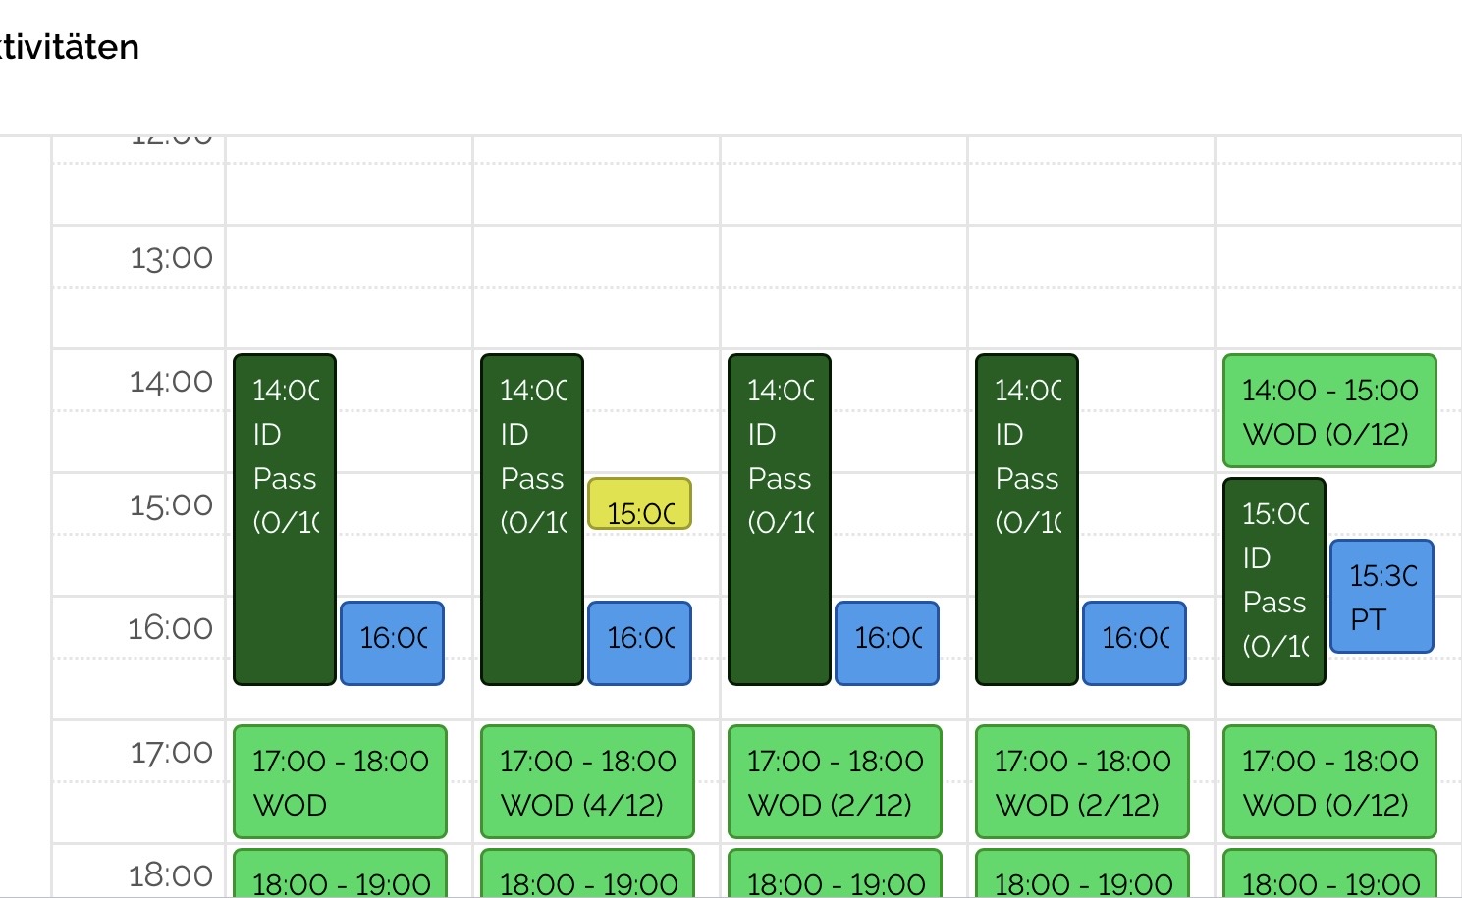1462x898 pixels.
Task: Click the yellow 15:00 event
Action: pyautogui.click(x=639, y=504)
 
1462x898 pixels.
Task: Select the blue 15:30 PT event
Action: pyautogui.click(x=1381, y=596)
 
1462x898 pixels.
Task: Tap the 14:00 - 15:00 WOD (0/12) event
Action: pyautogui.click(x=1329, y=411)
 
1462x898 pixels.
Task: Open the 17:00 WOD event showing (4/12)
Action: pyautogui.click(x=587, y=781)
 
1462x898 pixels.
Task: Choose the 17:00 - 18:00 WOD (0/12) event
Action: pyautogui.click(x=1329, y=781)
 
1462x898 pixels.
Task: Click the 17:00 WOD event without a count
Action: pyautogui.click(x=340, y=781)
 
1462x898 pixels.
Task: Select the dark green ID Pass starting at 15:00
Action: pyautogui.click(x=1274, y=581)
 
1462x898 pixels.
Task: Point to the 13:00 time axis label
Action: pyautogui.click(x=172, y=258)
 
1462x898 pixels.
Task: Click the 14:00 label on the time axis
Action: pyautogui.click(x=172, y=381)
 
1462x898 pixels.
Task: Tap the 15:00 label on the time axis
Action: pyautogui.click(x=172, y=504)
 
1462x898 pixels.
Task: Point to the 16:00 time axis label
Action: pyautogui.click(x=171, y=627)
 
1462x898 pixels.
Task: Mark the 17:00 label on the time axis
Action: pyautogui.click(x=172, y=752)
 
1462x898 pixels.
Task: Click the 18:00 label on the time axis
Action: pyautogui.click(x=171, y=874)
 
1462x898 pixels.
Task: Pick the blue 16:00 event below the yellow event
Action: pyautogui.click(x=639, y=643)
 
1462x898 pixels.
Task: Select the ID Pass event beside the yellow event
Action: pyautogui.click(x=532, y=519)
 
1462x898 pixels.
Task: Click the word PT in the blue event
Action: pyautogui.click(x=1368, y=620)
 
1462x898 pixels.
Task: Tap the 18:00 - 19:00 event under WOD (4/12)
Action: pyautogui.click(x=587, y=875)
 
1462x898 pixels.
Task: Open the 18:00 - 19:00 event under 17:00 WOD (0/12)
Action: pyautogui.click(x=1329, y=875)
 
